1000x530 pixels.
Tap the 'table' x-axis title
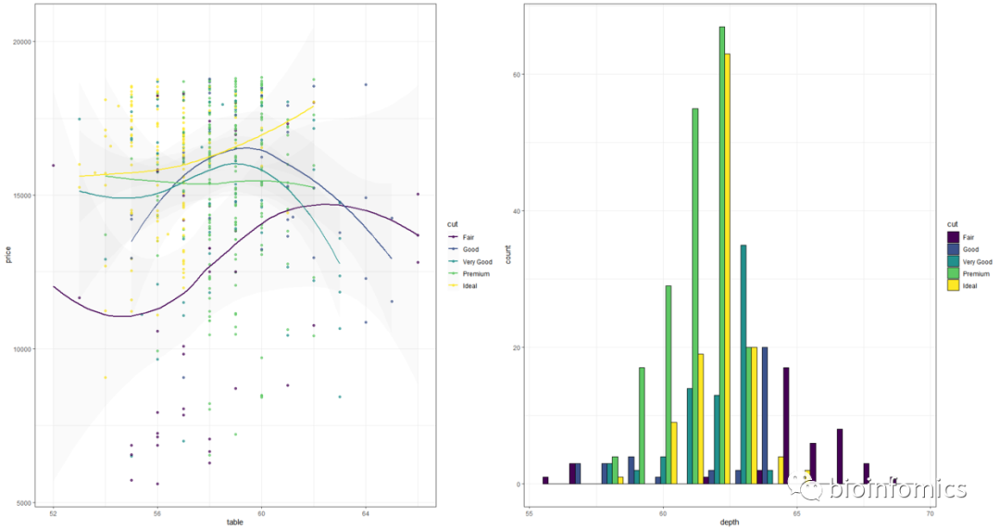coord(235,524)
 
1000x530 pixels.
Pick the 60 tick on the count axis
coord(517,74)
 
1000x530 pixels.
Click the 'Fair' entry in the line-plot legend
coord(468,237)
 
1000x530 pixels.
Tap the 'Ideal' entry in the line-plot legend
coord(469,286)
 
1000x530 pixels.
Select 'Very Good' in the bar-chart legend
coord(975,261)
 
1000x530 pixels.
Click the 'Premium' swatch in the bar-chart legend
coord(952,273)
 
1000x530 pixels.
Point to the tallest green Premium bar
coord(722,255)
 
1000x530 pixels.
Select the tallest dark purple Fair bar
coord(786,425)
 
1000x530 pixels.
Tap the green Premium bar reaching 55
coord(695,297)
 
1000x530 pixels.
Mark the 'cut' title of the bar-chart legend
coord(951,224)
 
